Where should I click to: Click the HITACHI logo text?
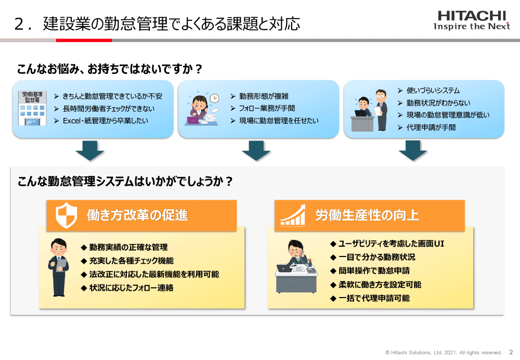point(472,16)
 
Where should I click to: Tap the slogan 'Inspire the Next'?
point(472,27)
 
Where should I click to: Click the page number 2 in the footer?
point(510,352)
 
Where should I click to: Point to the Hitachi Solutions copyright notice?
point(444,352)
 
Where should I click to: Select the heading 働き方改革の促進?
point(137,215)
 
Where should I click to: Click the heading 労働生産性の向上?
point(367,215)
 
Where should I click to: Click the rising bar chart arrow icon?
point(293,214)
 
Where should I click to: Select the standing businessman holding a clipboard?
point(58,267)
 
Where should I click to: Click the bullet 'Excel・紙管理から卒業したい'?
point(105,121)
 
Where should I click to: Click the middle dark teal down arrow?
point(256,151)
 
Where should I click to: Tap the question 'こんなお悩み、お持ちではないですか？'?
point(110,69)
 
